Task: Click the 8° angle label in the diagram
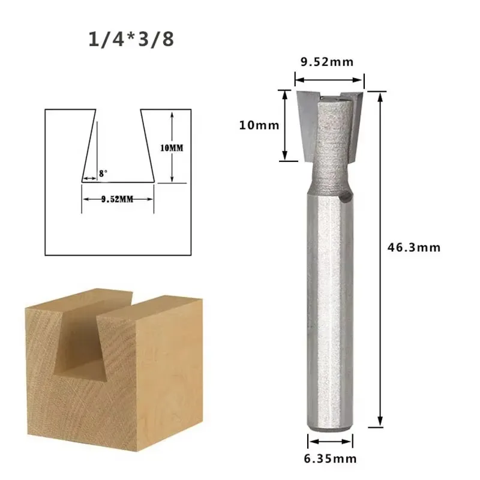(103, 172)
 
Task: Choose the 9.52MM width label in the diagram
(117, 199)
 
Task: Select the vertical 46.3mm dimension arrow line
(379, 258)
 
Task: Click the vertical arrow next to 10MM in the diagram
(172, 147)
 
